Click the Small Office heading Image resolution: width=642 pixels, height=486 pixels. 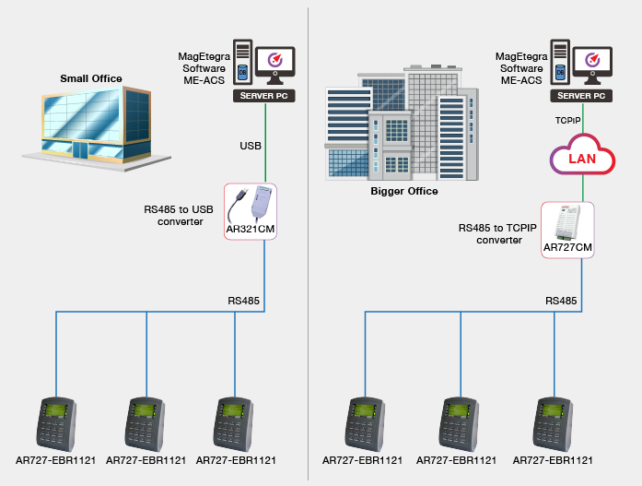pyautogui.click(x=91, y=78)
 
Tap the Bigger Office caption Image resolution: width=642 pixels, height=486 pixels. pyautogui.click(x=404, y=191)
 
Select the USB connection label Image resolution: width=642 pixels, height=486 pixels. pyautogui.click(x=251, y=146)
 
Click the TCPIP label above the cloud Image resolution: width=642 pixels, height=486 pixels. pyautogui.click(x=567, y=121)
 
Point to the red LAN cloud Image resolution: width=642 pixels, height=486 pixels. pyautogui.click(x=582, y=155)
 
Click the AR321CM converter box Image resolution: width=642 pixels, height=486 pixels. pyautogui.click(x=251, y=211)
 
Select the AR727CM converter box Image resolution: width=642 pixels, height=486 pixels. pyautogui.click(x=567, y=230)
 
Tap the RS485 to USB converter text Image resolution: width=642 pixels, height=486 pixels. pyautogui.click(x=179, y=216)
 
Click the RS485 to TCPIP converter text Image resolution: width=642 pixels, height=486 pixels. pyautogui.click(x=497, y=234)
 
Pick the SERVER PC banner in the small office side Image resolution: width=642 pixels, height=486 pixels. pyautogui.click(x=264, y=96)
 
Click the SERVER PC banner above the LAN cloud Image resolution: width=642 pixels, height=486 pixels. pyautogui.click(x=581, y=96)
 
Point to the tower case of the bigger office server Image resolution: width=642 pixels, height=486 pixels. pyautogui.click(x=560, y=62)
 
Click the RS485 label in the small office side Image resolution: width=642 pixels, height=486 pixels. pyautogui.click(x=243, y=301)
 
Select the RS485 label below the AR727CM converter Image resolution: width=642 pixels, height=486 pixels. pyautogui.click(x=561, y=301)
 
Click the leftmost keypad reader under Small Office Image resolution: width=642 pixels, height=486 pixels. pyautogui.click(x=56, y=424)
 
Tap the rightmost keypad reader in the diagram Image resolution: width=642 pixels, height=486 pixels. pyautogui.click(x=553, y=424)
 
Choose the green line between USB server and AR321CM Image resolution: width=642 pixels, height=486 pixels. pyautogui.click(x=265, y=143)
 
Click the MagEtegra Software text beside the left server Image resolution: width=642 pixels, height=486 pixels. pyautogui.click(x=204, y=63)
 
